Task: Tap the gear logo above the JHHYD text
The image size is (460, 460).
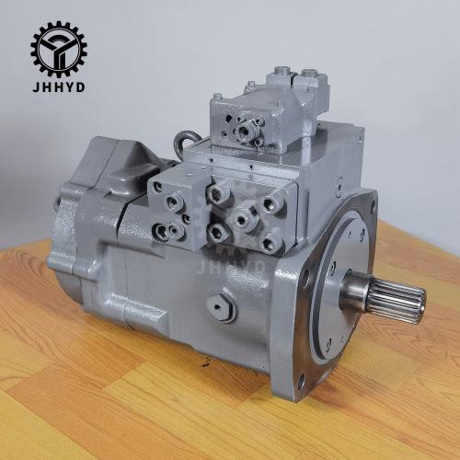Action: point(60,49)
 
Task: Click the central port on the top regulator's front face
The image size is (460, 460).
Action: point(247,131)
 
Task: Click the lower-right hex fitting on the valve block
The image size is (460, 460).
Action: point(270,243)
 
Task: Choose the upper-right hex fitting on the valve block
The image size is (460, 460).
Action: point(269,203)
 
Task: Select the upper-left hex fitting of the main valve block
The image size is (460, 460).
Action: point(219,193)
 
